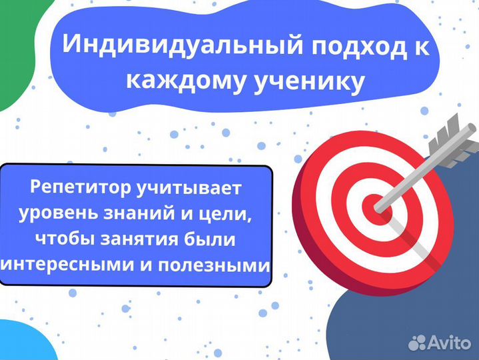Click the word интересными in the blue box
(73, 265)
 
